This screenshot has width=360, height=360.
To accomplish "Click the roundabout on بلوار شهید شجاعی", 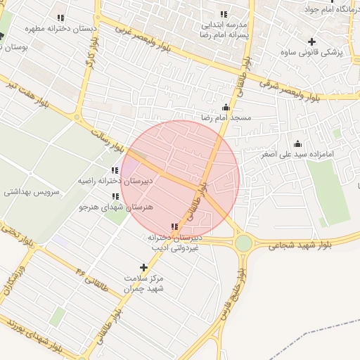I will (x=243, y=243).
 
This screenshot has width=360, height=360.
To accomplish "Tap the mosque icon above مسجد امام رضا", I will (x=225, y=108).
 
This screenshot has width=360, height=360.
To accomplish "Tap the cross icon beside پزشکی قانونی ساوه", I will (x=312, y=42).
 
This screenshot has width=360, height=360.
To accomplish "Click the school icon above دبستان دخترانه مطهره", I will (x=60, y=18).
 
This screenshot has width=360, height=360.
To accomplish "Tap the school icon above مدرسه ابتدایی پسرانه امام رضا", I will (x=224, y=14).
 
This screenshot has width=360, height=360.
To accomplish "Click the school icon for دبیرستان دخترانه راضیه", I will (x=115, y=170).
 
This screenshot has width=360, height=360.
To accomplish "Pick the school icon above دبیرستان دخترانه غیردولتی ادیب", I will (x=174, y=226).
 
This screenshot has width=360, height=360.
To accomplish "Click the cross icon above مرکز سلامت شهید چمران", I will (x=144, y=267).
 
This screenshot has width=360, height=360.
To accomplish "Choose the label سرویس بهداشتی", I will (x=32, y=191).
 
